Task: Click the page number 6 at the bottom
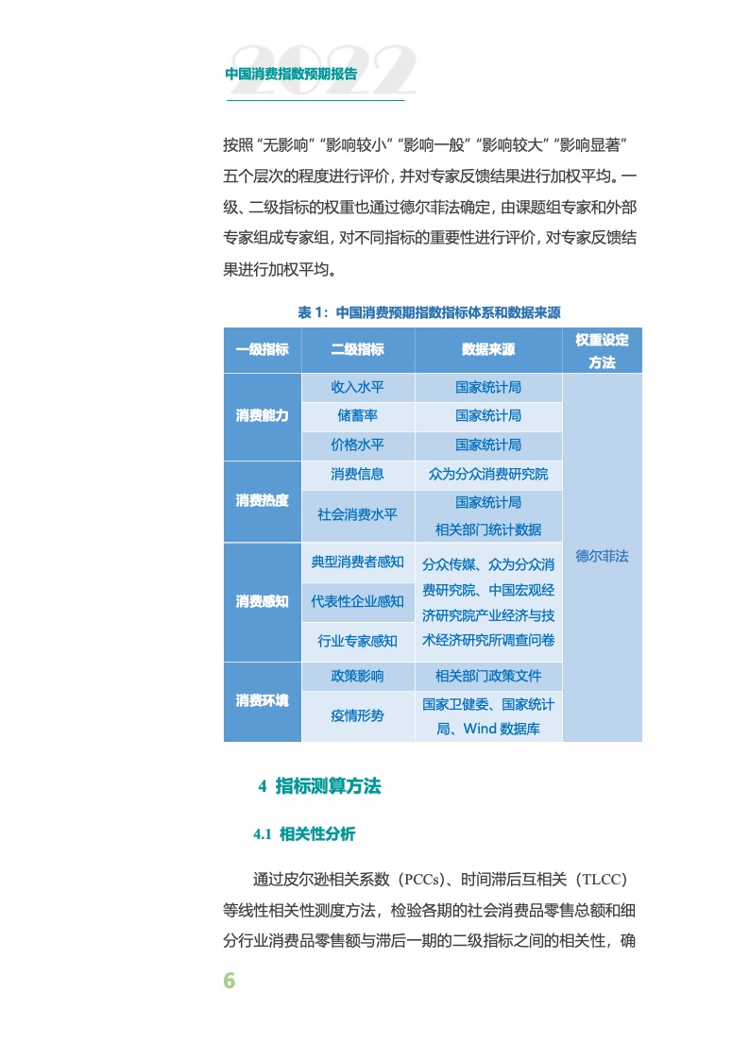pyautogui.click(x=229, y=981)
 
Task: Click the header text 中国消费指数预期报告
pyautogui.click(x=291, y=74)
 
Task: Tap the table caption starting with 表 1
pyautogui.click(x=430, y=312)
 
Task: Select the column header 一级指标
pyautogui.click(x=263, y=349)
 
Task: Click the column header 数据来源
pyautogui.click(x=488, y=349)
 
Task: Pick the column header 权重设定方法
pyautogui.click(x=602, y=350)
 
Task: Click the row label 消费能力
pyautogui.click(x=263, y=415)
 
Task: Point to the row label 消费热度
pyautogui.click(x=263, y=500)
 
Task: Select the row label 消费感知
pyautogui.click(x=263, y=601)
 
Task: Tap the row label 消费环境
pyautogui.click(x=263, y=701)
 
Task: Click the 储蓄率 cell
pyautogui.click(x=358, y=415)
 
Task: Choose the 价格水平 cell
pyautogui.click(x=358, y=445)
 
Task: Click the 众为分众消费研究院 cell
pyautogui.click(x=488, y=474)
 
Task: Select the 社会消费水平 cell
pyautogui.click(x=358, y=515)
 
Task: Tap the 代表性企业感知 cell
pyautogui.click(x=358, y=601)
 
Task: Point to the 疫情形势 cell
pyautogui.click(x=358, y=715)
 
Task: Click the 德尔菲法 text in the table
pyautogui.click(x=602, y=556)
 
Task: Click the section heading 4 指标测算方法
pyautogui.click(x=319, y=785)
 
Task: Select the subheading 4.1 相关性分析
pyautogui.click(x=304, y=833)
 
